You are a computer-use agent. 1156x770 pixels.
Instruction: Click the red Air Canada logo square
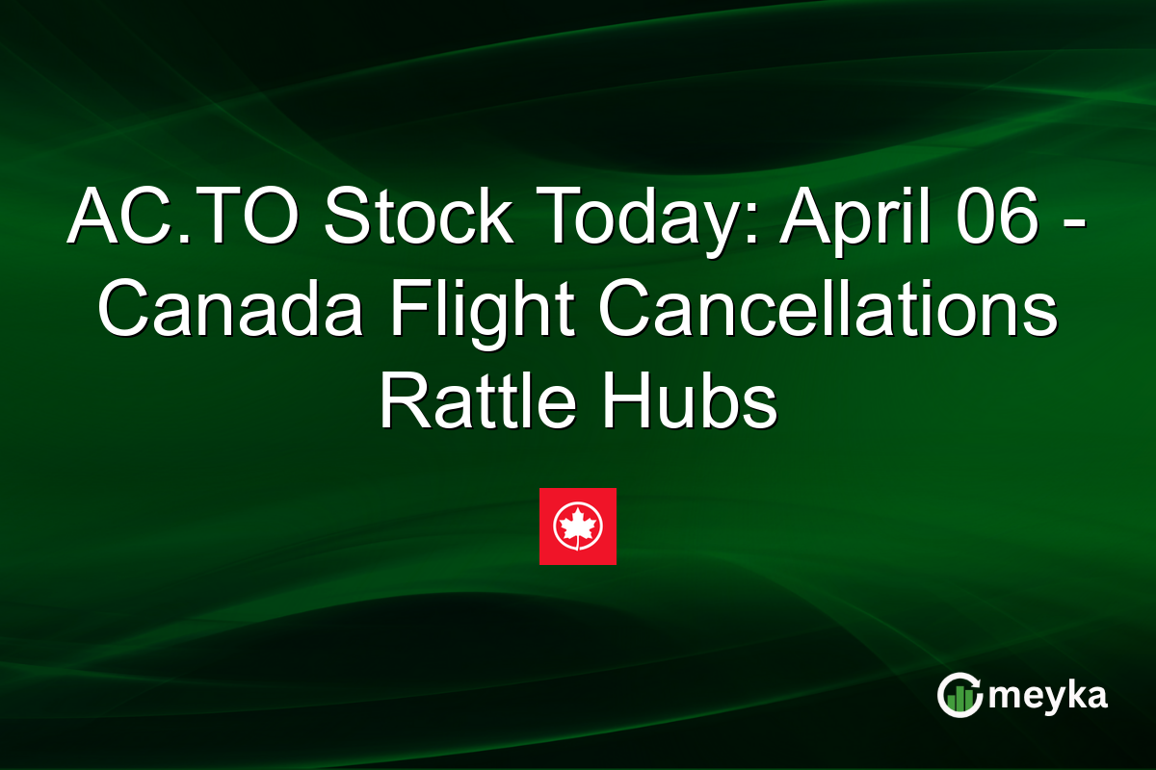click(577, 526)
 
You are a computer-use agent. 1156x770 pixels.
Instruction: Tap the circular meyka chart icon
click(960, 695)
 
